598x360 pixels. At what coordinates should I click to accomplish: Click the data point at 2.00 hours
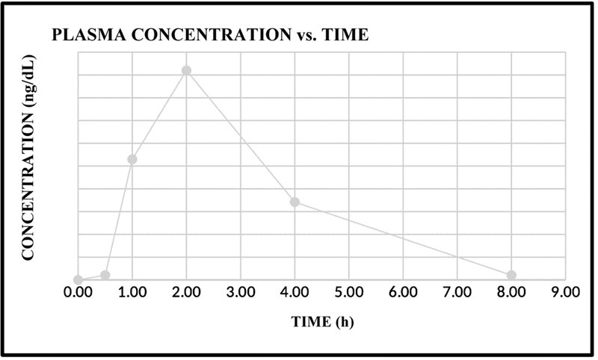pos(186,70)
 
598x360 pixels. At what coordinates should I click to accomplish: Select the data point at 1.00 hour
pos(132,159)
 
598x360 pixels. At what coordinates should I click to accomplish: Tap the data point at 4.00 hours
pos(295,202)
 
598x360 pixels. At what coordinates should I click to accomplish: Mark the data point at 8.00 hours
pos(511,275)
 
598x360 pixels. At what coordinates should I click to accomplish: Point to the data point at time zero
pos(78,280)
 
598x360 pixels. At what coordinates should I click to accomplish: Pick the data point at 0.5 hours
pos(105,275)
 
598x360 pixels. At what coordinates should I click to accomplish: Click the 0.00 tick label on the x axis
pos(78,293)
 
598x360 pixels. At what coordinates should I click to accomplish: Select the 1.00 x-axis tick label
pos(132,293)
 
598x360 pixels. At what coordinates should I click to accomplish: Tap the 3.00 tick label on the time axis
pos(241,293)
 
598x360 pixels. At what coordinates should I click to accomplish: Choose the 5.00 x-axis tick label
pos(349,293)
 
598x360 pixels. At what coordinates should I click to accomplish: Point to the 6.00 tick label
pos(403,293)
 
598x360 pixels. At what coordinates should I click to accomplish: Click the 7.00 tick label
pos(457,293)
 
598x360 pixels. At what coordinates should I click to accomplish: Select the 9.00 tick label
pos(565,293)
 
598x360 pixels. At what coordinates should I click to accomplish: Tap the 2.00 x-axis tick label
pos(186,293)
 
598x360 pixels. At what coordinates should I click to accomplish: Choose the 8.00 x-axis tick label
pos(511,293)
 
